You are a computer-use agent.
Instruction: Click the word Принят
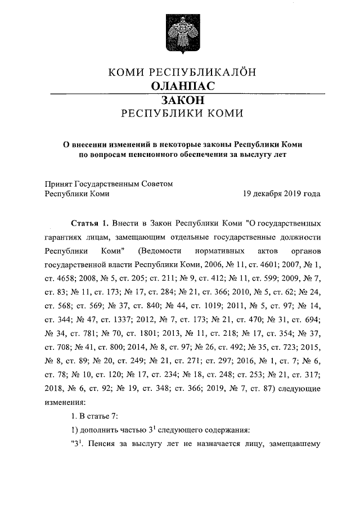coord(57,183)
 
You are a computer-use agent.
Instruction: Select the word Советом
coord(154,183)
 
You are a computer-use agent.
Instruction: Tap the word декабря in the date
coord(273,193)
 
